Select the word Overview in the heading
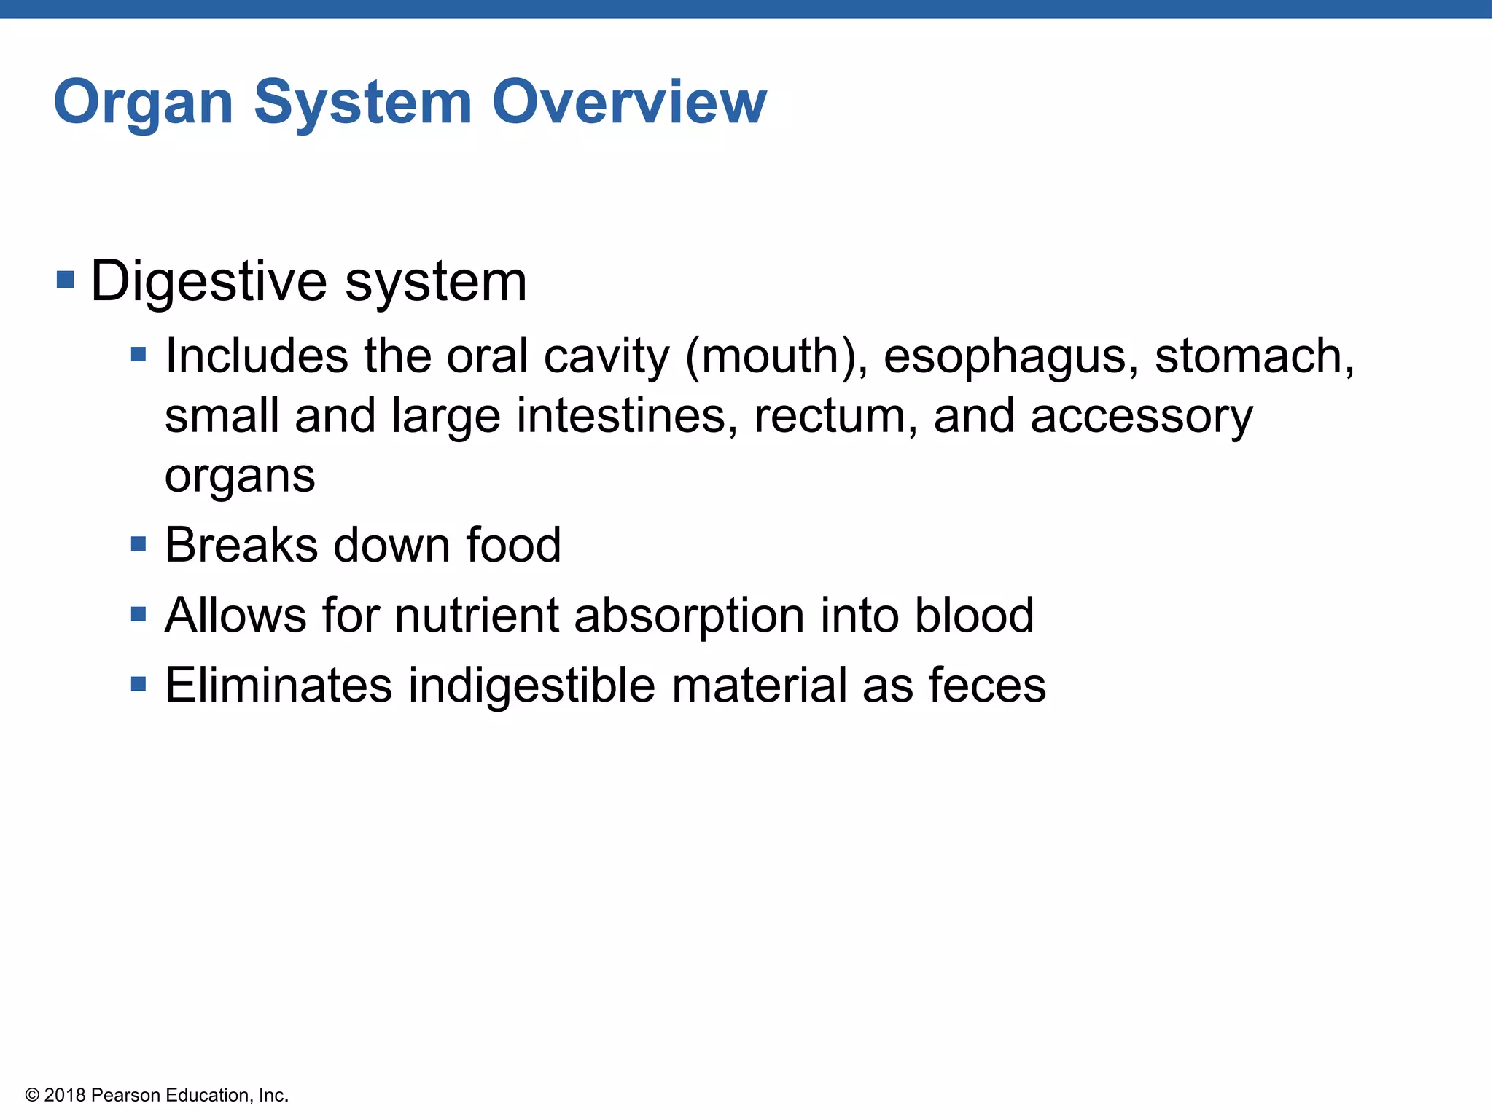[629, 102]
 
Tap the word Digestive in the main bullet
[208, 282]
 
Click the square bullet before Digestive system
[66, 280]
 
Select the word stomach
[1254, 356]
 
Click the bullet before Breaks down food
[139, 544]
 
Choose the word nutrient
[477, 616]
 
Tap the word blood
[974, 616]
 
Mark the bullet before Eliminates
[139, 684]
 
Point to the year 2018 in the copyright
[65, 1095]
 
